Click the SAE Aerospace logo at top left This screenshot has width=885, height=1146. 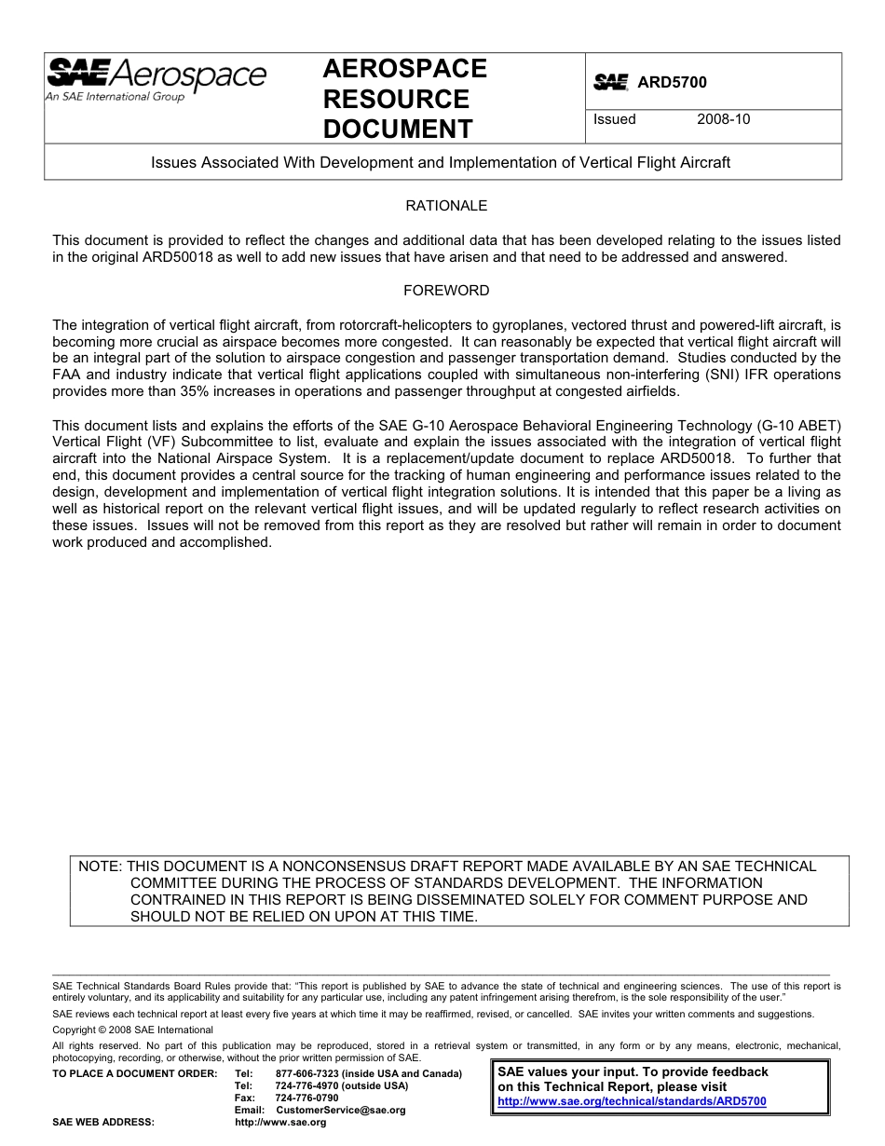(156, 75)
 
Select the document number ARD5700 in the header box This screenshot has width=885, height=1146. (672, 82)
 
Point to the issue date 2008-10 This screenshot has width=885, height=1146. (723, 119)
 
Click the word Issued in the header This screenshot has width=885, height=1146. (615, 119)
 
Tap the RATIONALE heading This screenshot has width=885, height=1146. (446, 205)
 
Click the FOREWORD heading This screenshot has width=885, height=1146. (446, 290)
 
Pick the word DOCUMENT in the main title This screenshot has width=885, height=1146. (398, 129)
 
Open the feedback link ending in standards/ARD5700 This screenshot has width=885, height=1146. (632, 1101)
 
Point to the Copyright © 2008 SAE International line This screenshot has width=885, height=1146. (133, 1030)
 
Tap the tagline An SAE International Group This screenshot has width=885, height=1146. (115, 97)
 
